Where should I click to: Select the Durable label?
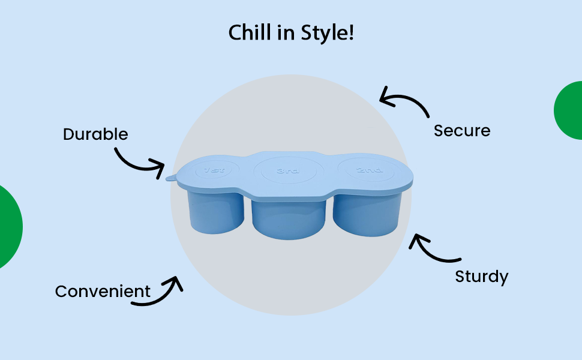click(x=95, y=134)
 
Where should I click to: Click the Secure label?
click(x=462, y=130)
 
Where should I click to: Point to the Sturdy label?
click(x=482, y=277)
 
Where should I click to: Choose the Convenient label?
click(x=103, y=292)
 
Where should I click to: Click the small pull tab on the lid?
click(x=170, y=178)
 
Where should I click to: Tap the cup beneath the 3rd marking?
click(x=289, y=218)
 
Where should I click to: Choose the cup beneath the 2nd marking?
click(x=367, y=214)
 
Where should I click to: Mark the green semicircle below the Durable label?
click(x=9, y=227)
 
